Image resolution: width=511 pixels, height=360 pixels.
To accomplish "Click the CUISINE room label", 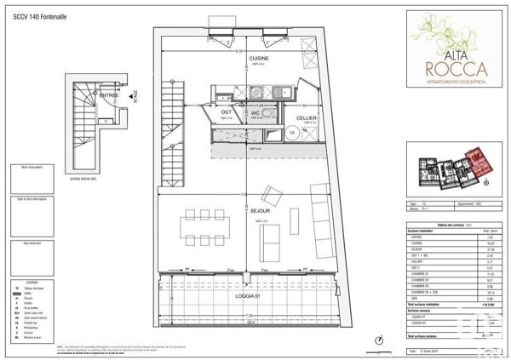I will click(247, 58).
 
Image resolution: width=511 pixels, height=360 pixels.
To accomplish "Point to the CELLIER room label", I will click(307, 117).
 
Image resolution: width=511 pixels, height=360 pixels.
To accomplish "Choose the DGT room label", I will click(227, 111).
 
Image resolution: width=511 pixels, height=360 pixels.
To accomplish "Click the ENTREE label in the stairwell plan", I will click(109, 96).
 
